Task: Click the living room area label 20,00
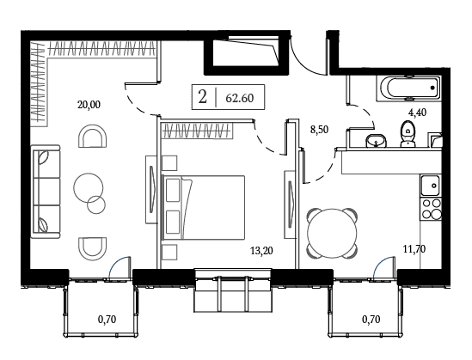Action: pyautogui.click(x=89, y=105)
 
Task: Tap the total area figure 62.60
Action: pyautogui.click(x=240, y=98)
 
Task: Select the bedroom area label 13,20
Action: pyautogui.click(x=261, y=250)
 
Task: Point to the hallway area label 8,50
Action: pyautogui.click(x=319, y=130)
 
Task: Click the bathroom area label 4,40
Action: pyautogui.click(x=417, y=113)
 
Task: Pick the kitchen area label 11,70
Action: pyautogui.click(x=414, y=249)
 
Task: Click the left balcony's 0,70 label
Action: pyautogui.click(x=107, y=319)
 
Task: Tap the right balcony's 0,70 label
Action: pyautogui.click(x=371, y=319)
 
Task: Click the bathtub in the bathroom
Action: pyautogui.click(x=408, y=88)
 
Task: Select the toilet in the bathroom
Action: pyautogui.click(x=408, y=134)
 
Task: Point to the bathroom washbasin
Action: pyautogui.click(x=376, y=140)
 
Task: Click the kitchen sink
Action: pyautogui.click(x=430, y=186)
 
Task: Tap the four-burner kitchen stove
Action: pyautogui.click(x=431, y=209)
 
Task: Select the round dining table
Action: pyautogui.click(x=333, y=234)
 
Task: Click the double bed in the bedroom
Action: pyautogui.click(x=203, y=208)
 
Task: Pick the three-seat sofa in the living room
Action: pyautogui.click(x=46, y=192)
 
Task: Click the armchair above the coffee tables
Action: pyautogui.click(x=92, y=137)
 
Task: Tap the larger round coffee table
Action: pyautogui.click(x=88, y=187)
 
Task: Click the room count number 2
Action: pyautogui.click(x=203, y=97)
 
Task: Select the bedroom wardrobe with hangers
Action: pyautogui.click(x=197, y=131)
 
